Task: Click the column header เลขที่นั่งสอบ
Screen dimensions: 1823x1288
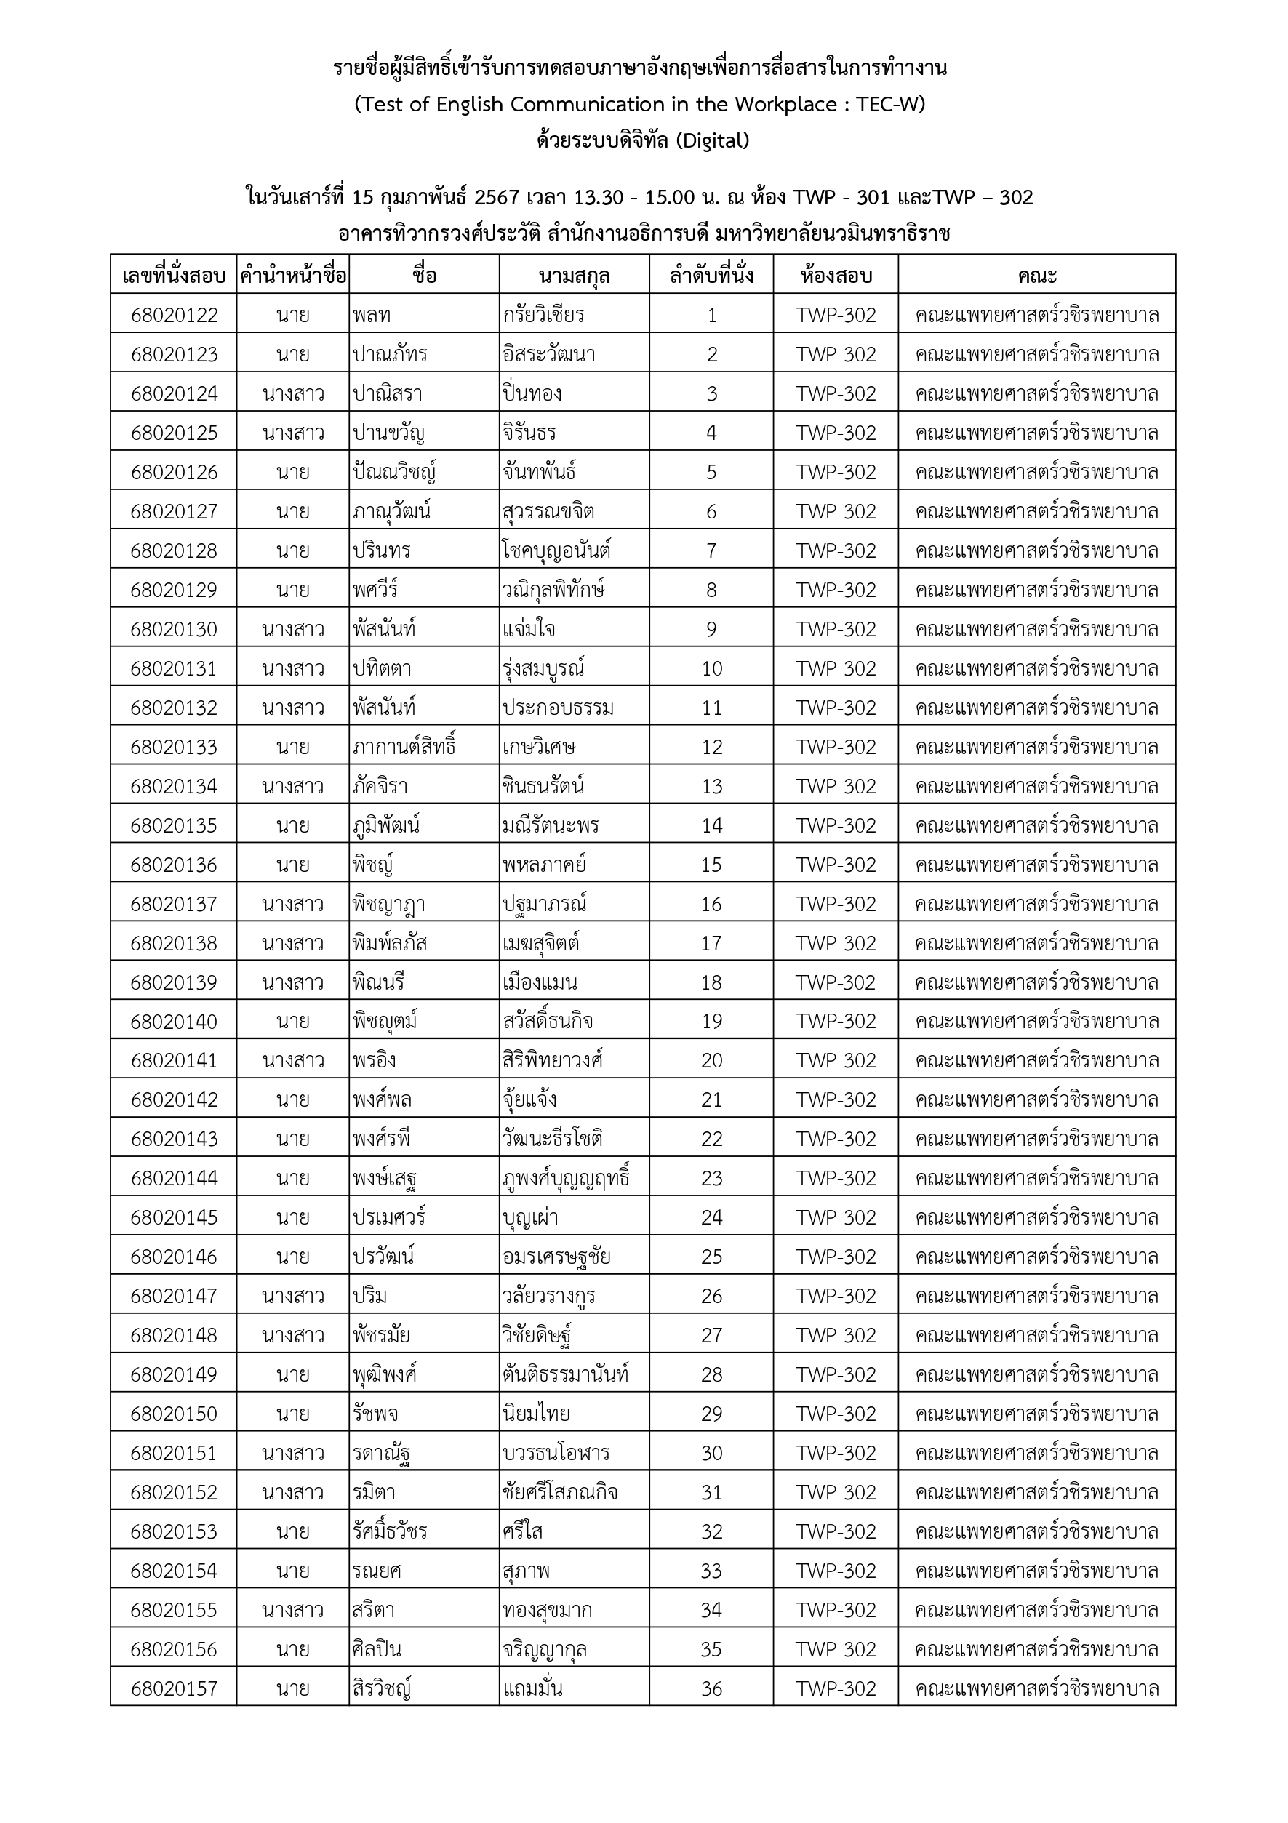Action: (x=174, y=276)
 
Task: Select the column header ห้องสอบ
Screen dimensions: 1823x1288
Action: (x=836, y=276)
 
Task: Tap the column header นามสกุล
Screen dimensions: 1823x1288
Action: (x=573, y=276)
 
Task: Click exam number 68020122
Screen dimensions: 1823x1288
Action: (x=174, y=315)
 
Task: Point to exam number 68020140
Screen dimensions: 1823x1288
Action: (x=174, y=1021)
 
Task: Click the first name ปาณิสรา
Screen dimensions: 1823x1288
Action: (x=388, y=394)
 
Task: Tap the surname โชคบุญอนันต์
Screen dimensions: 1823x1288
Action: (x=556, y=550)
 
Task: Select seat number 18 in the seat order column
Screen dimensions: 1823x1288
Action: (x=711, y=982)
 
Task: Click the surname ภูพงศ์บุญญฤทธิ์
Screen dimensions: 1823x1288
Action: (x=566, y=1178)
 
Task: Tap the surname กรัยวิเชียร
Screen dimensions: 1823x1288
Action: (x=543, y=315)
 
